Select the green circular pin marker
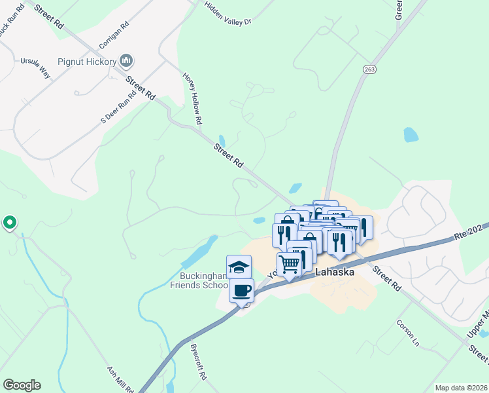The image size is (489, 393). click(10, 223)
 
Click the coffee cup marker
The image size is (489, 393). click(241, 290)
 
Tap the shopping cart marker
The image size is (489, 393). click(289, 264)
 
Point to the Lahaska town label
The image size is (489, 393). click(335, 271)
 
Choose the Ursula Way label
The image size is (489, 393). click(35, 66)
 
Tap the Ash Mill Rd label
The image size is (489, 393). click(121, 379)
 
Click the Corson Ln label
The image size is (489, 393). click(406, 332)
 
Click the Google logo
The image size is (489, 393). click(22, 385)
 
